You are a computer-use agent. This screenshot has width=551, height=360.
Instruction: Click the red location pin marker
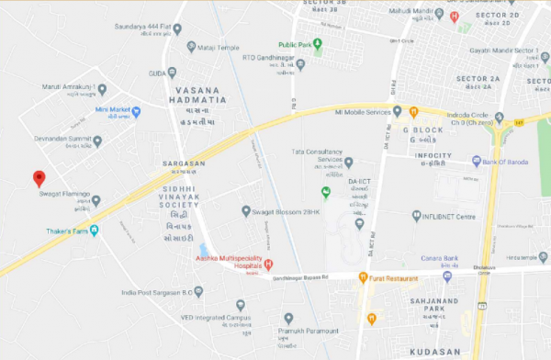[x=39, y=179]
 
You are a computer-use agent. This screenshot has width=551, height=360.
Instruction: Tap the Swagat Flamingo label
[x=63, y=194]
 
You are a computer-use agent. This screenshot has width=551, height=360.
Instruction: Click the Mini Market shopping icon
[x=137, y=112]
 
